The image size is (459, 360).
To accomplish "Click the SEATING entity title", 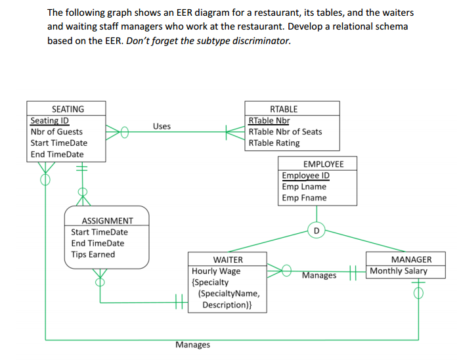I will pos(68,109).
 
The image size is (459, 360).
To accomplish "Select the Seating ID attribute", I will pos(50,121).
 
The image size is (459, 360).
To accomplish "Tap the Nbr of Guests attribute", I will pos(56,132).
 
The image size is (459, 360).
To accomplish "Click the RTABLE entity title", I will pos(284,109).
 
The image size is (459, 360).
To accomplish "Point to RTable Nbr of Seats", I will pos(285,132).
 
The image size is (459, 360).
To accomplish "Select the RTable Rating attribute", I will pos(274,143).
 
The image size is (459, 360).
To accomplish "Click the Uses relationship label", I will pos(162,126).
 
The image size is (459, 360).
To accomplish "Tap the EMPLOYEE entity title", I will pos(318,164).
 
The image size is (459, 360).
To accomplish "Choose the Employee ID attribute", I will pos(305,175).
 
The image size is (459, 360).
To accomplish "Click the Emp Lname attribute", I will pos(303,187).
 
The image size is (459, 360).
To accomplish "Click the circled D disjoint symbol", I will pos(317,231).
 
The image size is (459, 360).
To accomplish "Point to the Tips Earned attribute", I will pos(93,255).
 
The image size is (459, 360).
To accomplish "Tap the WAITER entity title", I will pos(228,259).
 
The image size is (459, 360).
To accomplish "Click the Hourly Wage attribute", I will pos(216,271).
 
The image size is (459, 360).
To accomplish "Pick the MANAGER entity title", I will pos(411,259).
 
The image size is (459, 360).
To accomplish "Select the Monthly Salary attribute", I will pos(399,271).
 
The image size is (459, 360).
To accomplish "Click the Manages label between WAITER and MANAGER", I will pos(319,276).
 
